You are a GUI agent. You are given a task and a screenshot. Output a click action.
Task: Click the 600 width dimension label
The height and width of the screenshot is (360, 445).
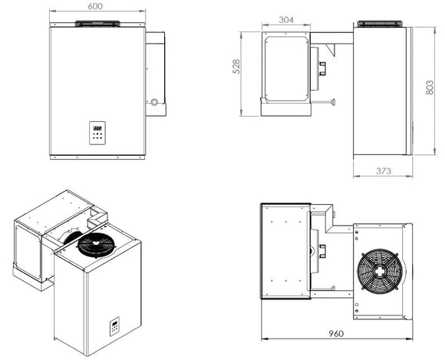tap(95, 6)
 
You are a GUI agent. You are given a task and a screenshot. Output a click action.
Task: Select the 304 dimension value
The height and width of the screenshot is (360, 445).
tap(286, 20)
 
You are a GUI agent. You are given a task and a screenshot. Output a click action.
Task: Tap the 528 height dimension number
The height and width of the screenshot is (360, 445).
tap(236, 67)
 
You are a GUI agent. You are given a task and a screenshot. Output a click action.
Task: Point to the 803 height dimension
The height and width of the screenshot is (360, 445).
tap(430, 88)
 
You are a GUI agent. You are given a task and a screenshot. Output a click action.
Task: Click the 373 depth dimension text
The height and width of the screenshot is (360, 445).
tap(384, 171)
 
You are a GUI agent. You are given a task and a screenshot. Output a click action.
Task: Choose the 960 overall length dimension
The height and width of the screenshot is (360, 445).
tap(336, 333)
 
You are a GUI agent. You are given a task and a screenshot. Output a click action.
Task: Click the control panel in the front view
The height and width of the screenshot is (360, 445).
tap(97, 133)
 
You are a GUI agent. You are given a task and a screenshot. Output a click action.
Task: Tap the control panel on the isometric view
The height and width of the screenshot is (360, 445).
tap(114, 326)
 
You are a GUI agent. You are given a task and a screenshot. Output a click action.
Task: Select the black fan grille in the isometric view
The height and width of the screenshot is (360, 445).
tap(97, 245)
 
